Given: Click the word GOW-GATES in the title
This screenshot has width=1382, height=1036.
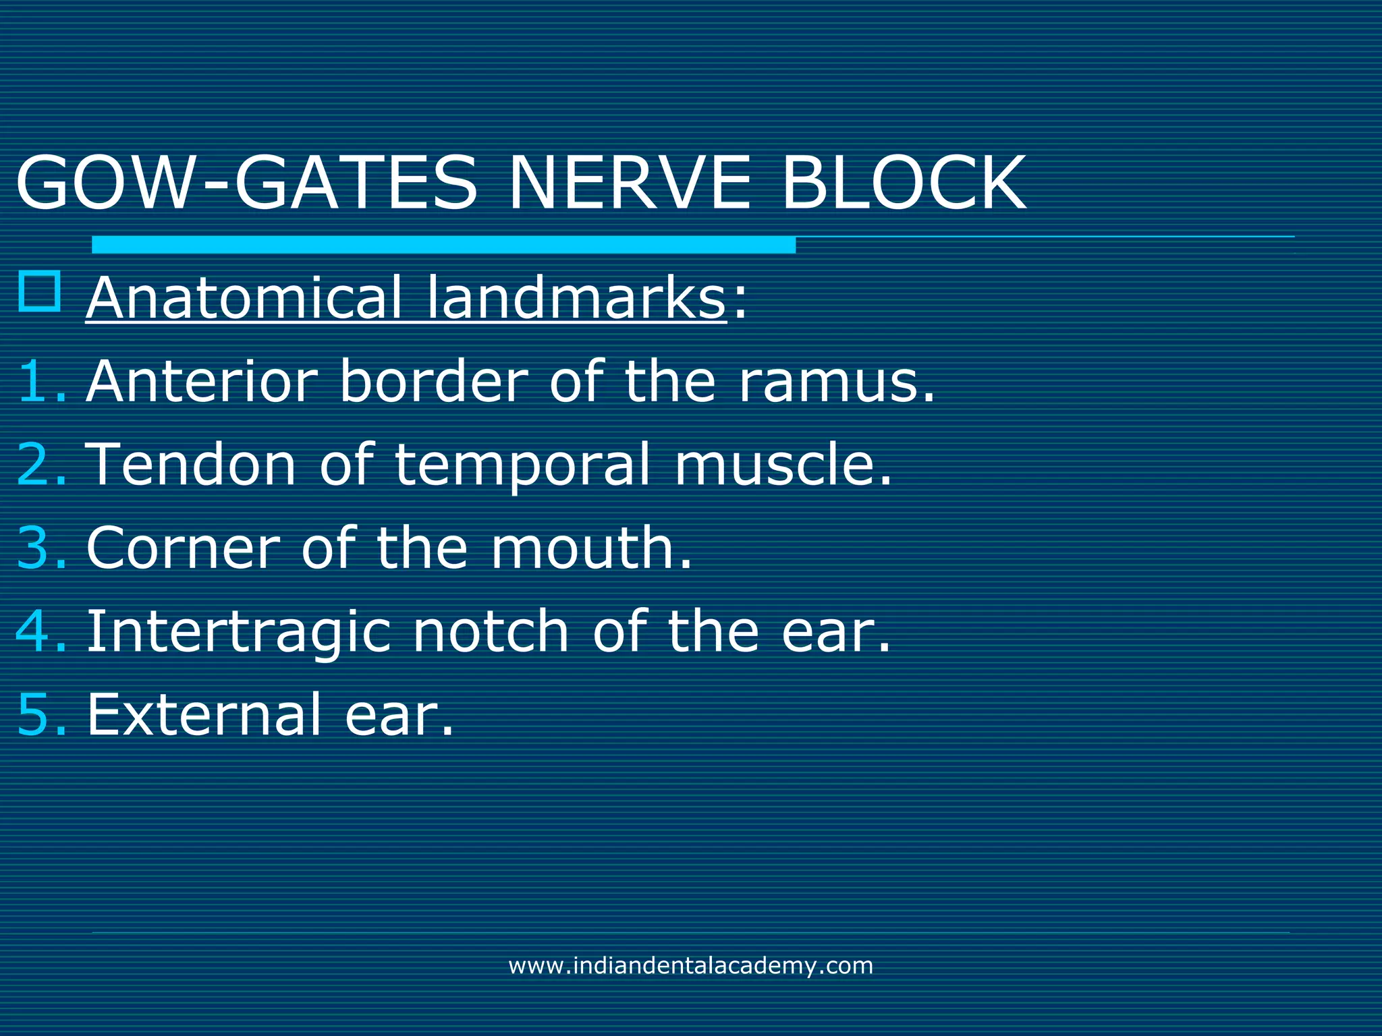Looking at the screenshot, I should pos(247,183).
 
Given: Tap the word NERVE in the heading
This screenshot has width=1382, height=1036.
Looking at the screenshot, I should pos(630,183).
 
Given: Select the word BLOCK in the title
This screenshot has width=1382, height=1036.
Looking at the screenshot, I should pos(904,183).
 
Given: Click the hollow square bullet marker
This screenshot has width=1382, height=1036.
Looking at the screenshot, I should pos(40,291).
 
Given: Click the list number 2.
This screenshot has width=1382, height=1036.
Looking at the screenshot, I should pos(40,465).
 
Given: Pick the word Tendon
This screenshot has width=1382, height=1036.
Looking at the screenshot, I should pos(192,465).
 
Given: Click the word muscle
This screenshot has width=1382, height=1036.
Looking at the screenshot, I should pos(783,465).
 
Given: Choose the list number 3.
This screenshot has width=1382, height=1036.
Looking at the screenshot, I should pos(40,548).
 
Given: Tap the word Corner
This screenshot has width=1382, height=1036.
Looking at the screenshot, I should pos(183,548).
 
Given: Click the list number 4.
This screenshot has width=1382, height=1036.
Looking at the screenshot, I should pos(40,632).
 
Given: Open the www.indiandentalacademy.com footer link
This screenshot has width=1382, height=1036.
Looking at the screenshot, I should pos(690,966).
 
